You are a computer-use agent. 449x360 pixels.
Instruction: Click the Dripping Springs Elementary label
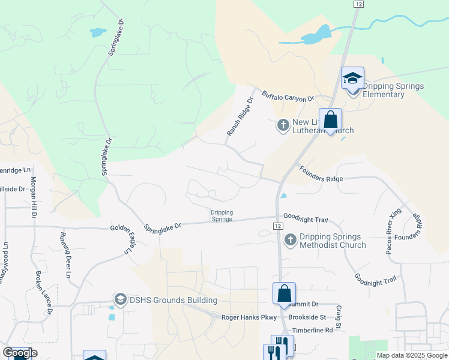393,91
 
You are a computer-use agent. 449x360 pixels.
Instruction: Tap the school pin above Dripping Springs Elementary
352,79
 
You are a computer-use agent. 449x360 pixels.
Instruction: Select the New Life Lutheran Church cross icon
283,125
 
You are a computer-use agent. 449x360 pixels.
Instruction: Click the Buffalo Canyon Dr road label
288,97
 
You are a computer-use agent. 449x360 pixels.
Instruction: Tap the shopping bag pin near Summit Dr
284,294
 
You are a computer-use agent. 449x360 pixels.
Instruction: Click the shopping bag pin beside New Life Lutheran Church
330,119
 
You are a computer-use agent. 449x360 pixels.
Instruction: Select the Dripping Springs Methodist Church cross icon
290,240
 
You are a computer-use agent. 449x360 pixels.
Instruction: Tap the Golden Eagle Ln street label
128,241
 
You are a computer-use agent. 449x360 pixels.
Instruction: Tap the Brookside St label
307,317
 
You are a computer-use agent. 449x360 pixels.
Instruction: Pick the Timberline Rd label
312,330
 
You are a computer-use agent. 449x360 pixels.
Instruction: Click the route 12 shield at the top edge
358,4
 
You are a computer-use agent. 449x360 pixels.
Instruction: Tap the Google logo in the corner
20,353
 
